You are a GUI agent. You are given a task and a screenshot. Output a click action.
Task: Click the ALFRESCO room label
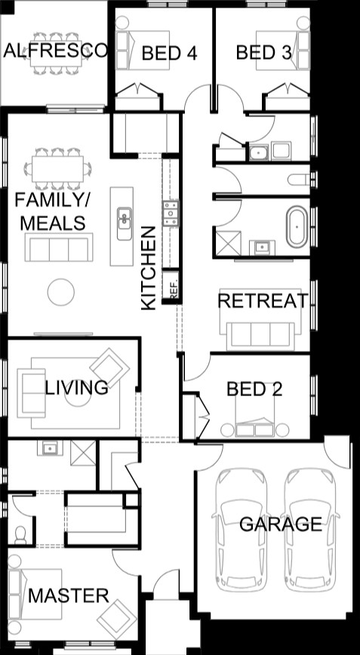(55, 51)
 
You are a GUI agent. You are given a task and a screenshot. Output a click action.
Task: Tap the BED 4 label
(169, 54)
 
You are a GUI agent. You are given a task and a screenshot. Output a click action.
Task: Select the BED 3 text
(263, 53)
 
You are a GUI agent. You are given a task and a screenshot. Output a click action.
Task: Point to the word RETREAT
(263, 301)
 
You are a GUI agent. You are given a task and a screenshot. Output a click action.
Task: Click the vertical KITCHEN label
(149, 268)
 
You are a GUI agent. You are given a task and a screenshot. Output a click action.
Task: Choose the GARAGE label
(281, 524)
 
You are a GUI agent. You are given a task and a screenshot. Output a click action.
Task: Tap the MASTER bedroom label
(69, 595)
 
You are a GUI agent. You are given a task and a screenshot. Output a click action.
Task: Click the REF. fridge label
(174, 289)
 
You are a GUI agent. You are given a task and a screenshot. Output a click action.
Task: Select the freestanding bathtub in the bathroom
(297, 226)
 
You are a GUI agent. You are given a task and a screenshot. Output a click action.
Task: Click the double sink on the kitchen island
(124, 223)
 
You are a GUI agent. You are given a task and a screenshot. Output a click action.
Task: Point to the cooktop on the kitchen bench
(171, 213)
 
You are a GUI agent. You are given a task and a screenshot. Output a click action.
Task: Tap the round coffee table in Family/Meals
(61, 292)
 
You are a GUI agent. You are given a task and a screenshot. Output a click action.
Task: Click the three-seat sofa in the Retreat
(260, 336)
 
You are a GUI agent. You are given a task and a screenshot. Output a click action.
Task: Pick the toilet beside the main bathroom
(298, 180)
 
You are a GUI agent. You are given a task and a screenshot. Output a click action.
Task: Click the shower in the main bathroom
(229, 243)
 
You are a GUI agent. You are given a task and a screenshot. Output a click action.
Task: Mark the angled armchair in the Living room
(110, 368)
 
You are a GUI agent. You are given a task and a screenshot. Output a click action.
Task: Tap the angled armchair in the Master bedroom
(116, 619)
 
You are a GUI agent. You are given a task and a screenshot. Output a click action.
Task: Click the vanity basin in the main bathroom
(263, 248)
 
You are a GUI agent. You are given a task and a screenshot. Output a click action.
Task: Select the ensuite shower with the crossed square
(83, 453)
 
